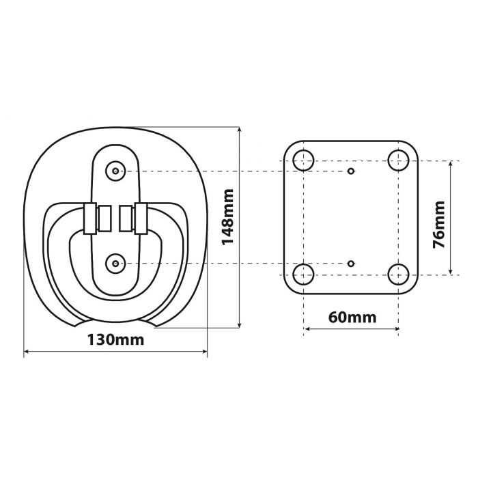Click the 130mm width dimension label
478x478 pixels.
click(x=115, y=339)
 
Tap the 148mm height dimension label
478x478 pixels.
click(x=227, y=217)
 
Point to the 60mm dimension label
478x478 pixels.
click(x=352, y=318)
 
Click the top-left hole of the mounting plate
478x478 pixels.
click(x=303, y=160)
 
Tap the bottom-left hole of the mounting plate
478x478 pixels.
click(x=303, y=275)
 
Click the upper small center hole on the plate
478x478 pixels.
click(x=351, y=170)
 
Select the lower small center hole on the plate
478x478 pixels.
click(x=351, y=264)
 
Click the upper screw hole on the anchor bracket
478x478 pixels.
click(x=117, y=170)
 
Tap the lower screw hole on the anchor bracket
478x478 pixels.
click(x=117, y=264)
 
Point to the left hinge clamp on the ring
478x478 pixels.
click(x=88, y=218)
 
